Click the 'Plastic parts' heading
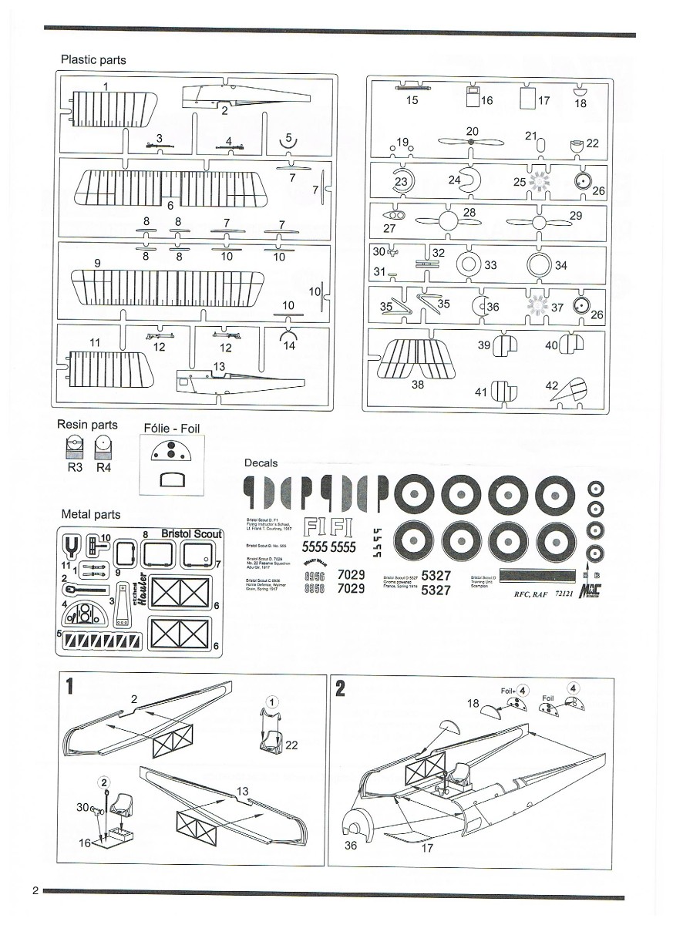pos(93,59)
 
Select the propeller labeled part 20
pos(470,142)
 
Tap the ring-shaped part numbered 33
pos(468,264)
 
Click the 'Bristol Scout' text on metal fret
pos(191,533)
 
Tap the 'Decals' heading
pos(261,462)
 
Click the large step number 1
pos(70,687)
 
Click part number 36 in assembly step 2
pos(352,846)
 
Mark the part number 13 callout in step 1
pos(242,791)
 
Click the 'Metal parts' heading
pos(90,514)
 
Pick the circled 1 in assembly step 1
pos(271,701)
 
